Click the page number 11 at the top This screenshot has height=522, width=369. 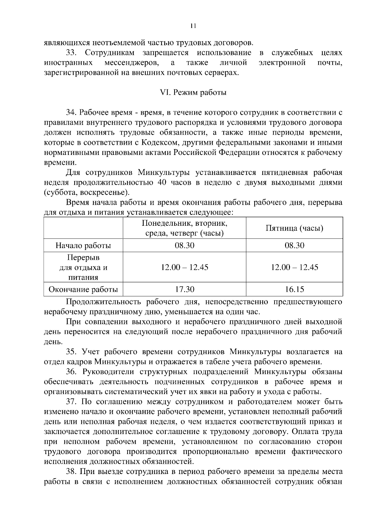click(193, 26)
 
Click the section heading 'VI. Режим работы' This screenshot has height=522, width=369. click(193, 93)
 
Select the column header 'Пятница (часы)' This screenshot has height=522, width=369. click(294, 228)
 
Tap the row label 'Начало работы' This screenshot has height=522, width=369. click(83, 245)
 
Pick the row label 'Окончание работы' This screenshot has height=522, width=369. click(83, 289)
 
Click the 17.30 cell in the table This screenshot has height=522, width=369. click(184, 289)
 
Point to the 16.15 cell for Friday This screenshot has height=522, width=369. click(294, 289)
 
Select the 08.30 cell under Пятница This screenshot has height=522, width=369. click(294, 245)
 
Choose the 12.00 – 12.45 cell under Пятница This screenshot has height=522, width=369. click(294, 267)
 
